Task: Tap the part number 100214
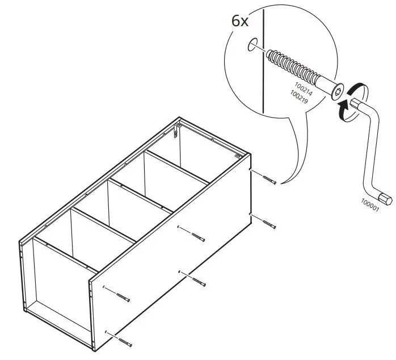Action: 302,85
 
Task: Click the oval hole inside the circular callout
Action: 252,45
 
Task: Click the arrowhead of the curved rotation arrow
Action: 342,106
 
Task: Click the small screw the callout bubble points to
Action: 270,180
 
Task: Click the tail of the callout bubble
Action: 287,170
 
